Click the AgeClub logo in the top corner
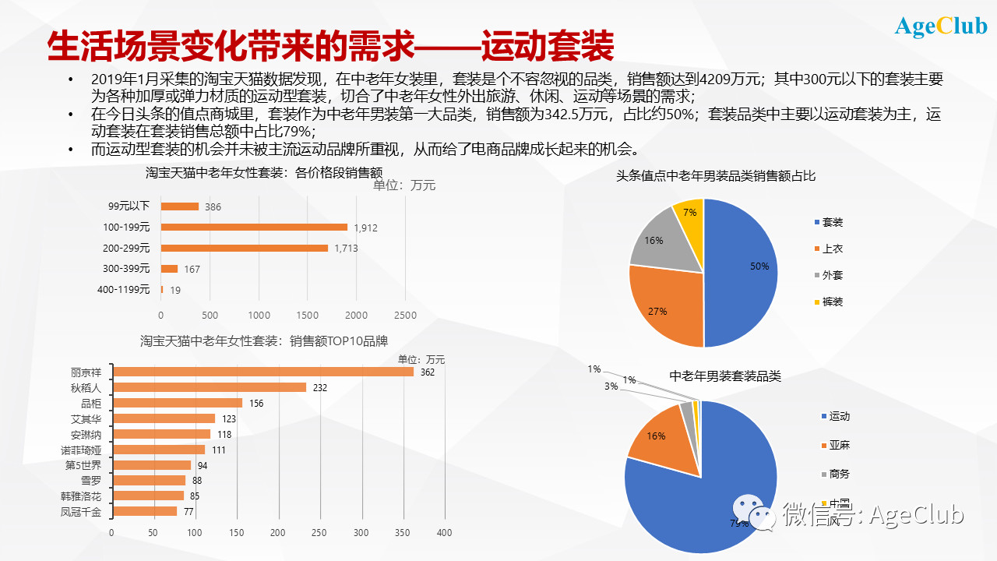(x=941, y=26)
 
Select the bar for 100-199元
(x=254, y=227)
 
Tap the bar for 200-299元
(x=244, y=248)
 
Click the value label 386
(x=213, y=207)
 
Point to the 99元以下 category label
(x=129, y=206)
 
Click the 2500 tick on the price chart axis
(x=405, y=316)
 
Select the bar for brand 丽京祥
(x=262, y=372)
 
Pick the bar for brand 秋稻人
(x=210, y=387)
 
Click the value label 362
(x=427, y=372)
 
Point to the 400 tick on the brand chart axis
(x=444, y=533)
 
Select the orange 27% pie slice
(x=666, y=308)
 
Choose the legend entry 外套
(x=832, y=276)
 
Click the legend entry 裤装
(x=832, y=302)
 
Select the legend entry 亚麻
(x=838, y=446)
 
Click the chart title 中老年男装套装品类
(x=725, y=376)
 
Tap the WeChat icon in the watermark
(x=755, y=515)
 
